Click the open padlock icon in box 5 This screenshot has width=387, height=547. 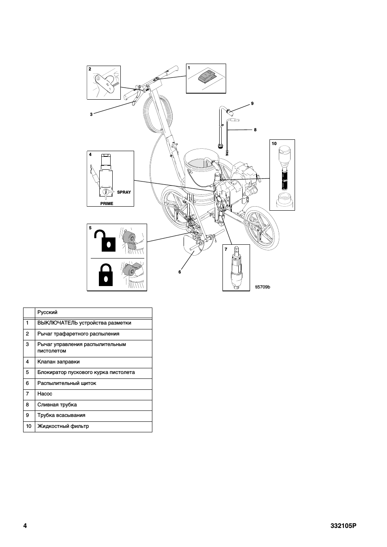[105, 240]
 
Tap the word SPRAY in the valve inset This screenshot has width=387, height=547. [124, 192]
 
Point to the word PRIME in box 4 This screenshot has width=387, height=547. [107, 203]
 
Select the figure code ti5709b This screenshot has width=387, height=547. [263, 287]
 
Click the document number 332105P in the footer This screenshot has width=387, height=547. [343, 526]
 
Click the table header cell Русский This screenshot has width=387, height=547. [47, 312]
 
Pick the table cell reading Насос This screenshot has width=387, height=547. [45, 394]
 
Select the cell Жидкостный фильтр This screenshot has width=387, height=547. [63, 426]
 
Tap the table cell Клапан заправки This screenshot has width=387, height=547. [58, 362]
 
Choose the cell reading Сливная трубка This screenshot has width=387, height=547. [57, 405]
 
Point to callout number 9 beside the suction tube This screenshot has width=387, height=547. [252, 104]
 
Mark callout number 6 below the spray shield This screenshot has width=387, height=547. [180, 272]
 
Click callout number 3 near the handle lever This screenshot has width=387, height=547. [91, 114]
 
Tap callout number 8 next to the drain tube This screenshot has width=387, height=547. [255, 130]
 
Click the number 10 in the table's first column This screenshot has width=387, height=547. [29, 426]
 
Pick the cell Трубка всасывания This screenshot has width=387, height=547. [61, 415]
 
